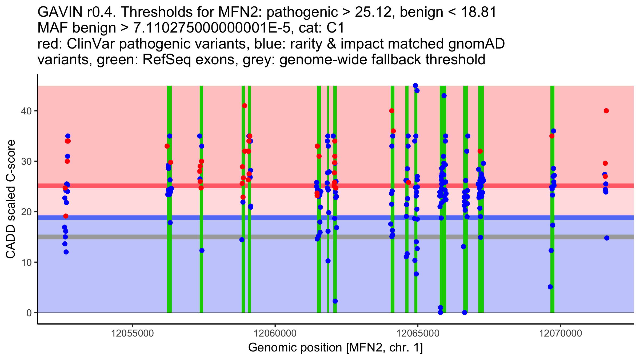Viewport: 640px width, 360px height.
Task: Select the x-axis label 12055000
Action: [x=132, y=333]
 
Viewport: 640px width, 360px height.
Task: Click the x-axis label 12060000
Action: [x=275, y=333]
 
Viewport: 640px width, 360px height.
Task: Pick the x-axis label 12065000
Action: [x=418, y=333]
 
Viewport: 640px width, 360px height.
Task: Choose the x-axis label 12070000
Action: [x=561, y=333]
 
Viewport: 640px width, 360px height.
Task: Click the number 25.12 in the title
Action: [x=373, y=12]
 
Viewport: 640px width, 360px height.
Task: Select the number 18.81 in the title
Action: [x=477, y=12]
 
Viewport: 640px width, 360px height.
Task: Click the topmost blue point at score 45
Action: [x=415, y=86]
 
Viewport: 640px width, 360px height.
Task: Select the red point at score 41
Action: [x=245, y=106]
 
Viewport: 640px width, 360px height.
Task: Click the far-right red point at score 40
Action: [x=606, y=111]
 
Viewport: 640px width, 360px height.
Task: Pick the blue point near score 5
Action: [x=550, y=287]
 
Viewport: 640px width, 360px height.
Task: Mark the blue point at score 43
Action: [x=444, y=96]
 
